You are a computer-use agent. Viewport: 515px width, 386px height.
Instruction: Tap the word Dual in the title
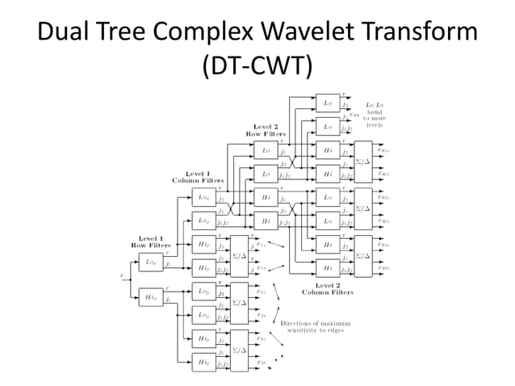(65, 32)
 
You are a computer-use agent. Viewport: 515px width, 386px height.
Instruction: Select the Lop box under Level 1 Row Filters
(150, 262)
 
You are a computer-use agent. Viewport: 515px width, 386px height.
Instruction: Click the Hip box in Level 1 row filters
(150, 298)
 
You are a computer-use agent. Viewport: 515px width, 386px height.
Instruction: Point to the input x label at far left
(122, 275)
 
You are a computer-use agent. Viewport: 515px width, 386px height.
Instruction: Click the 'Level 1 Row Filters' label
(149, 241)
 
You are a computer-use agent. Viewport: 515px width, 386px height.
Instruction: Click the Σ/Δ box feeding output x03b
(363, 256)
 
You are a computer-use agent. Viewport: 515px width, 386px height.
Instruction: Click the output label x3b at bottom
(262, 363)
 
